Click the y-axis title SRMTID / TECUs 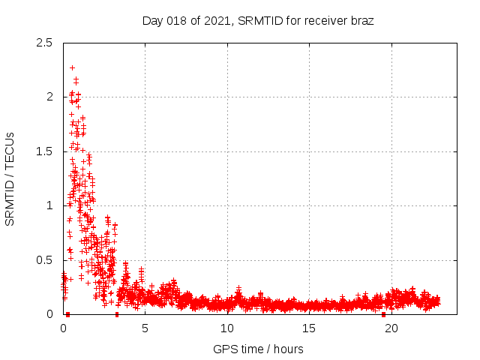10,178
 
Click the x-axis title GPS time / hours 258,349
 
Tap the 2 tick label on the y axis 49,97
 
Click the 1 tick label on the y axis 49,205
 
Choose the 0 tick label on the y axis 49,314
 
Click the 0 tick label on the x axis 63,328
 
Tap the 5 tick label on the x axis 145,328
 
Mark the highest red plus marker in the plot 72,67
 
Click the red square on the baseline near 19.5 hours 383,314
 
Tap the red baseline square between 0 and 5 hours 116,314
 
